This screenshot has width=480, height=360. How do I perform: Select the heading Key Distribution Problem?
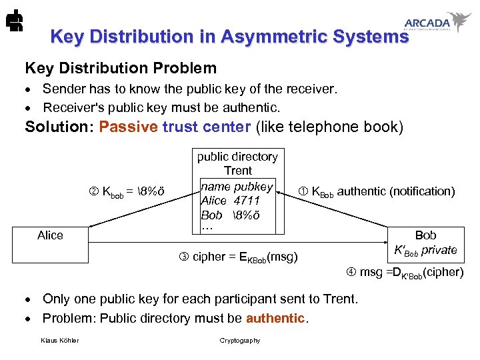(x=121, y=68)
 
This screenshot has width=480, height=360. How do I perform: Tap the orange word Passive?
(x=128, y=127)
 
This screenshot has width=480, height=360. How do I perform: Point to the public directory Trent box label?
(x=237, y=163)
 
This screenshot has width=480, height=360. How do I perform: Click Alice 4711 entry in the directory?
(x=230, y=201)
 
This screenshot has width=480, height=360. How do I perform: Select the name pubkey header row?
(x=237, y=187)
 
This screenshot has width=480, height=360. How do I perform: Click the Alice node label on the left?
(x=51, y=235)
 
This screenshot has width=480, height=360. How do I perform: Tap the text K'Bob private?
(x=426, y=251)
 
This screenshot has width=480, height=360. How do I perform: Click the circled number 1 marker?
(x=303, y=192)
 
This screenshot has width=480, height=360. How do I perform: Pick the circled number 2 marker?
(x=93, y=192)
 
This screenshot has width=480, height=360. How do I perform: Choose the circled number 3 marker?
(x=184, y=257)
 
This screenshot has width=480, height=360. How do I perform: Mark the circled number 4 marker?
(x=351, y=272)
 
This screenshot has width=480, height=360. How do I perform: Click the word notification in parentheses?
(x=421, y=191)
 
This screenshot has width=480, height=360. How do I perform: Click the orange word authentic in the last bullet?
(x=275, y=318)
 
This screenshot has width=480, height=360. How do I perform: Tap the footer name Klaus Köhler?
(x=59, y=341)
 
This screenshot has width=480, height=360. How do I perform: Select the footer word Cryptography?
(x=240, y=341)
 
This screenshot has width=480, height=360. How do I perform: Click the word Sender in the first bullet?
(x=63, y=89)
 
